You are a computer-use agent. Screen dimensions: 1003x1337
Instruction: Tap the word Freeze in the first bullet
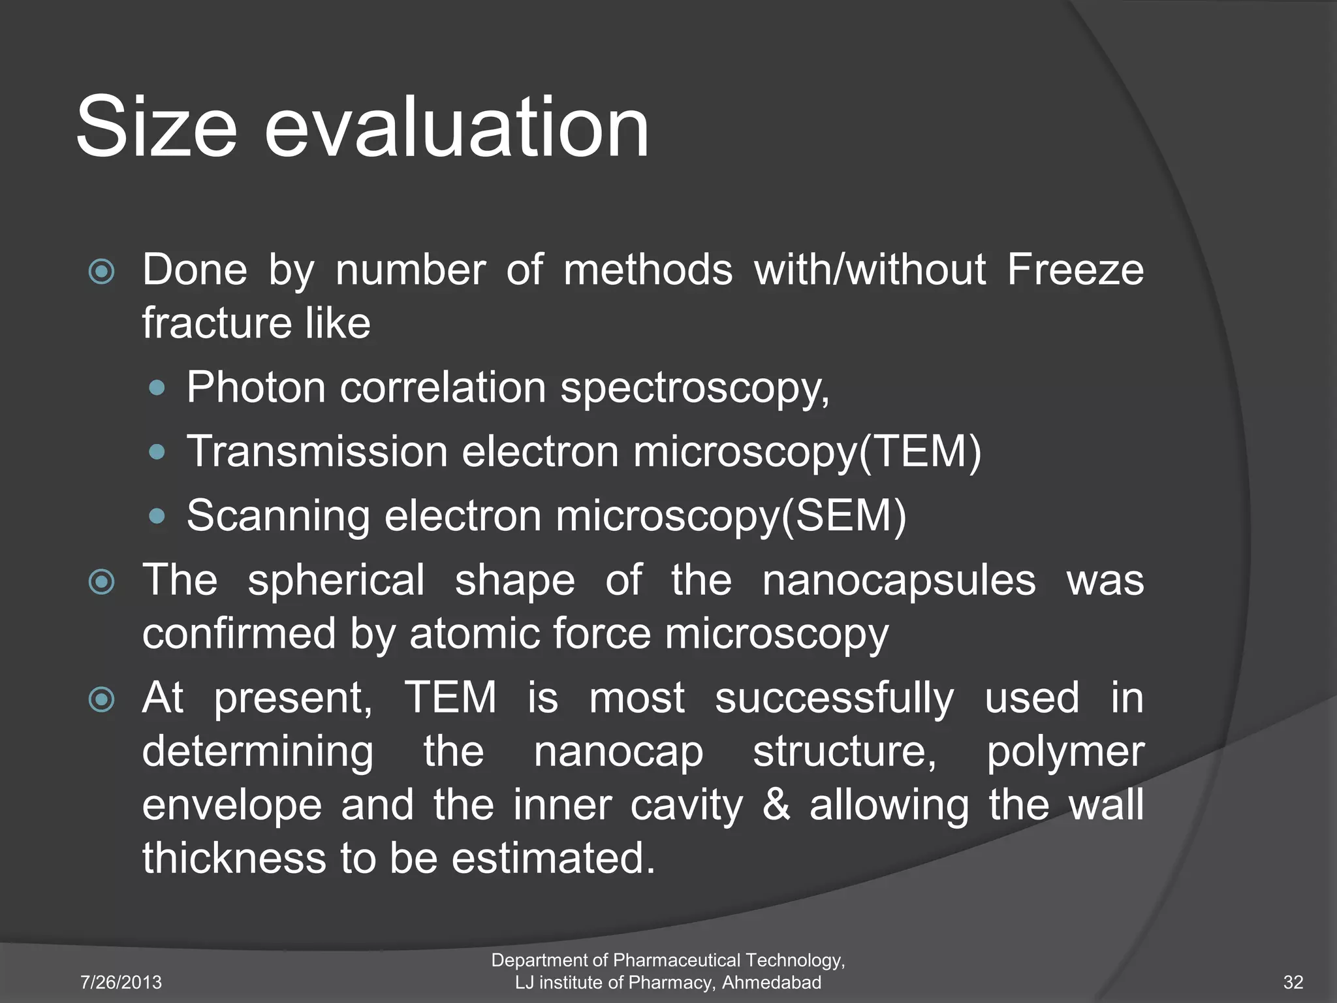tap(1075, 270)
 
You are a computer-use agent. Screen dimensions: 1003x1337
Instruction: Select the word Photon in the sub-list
tap(256, 387)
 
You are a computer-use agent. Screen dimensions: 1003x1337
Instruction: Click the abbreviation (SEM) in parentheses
tap(844, 516)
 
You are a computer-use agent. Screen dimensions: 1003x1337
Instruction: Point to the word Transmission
tap(317, 451)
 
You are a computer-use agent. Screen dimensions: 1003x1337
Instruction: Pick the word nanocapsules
tap(899, 580)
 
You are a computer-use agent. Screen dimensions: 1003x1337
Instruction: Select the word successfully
tap(834, 698)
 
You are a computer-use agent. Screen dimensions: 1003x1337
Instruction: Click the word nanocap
tap(618, 752)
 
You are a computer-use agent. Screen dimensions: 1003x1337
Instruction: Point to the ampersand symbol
tap(776, 804)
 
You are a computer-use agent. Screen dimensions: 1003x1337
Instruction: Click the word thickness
tap(234, 858)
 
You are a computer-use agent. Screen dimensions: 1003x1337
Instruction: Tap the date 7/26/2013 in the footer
tap(121, 982)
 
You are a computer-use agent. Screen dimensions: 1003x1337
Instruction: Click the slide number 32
tap(1293, 982)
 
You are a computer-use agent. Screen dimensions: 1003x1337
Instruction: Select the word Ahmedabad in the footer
tap(771, 982)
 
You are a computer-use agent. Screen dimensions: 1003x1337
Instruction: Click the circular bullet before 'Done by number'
tap(102, 272)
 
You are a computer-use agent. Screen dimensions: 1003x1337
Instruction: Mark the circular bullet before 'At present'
tap(102, 700)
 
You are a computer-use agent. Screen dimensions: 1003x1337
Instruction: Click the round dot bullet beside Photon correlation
tap(157, 389)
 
